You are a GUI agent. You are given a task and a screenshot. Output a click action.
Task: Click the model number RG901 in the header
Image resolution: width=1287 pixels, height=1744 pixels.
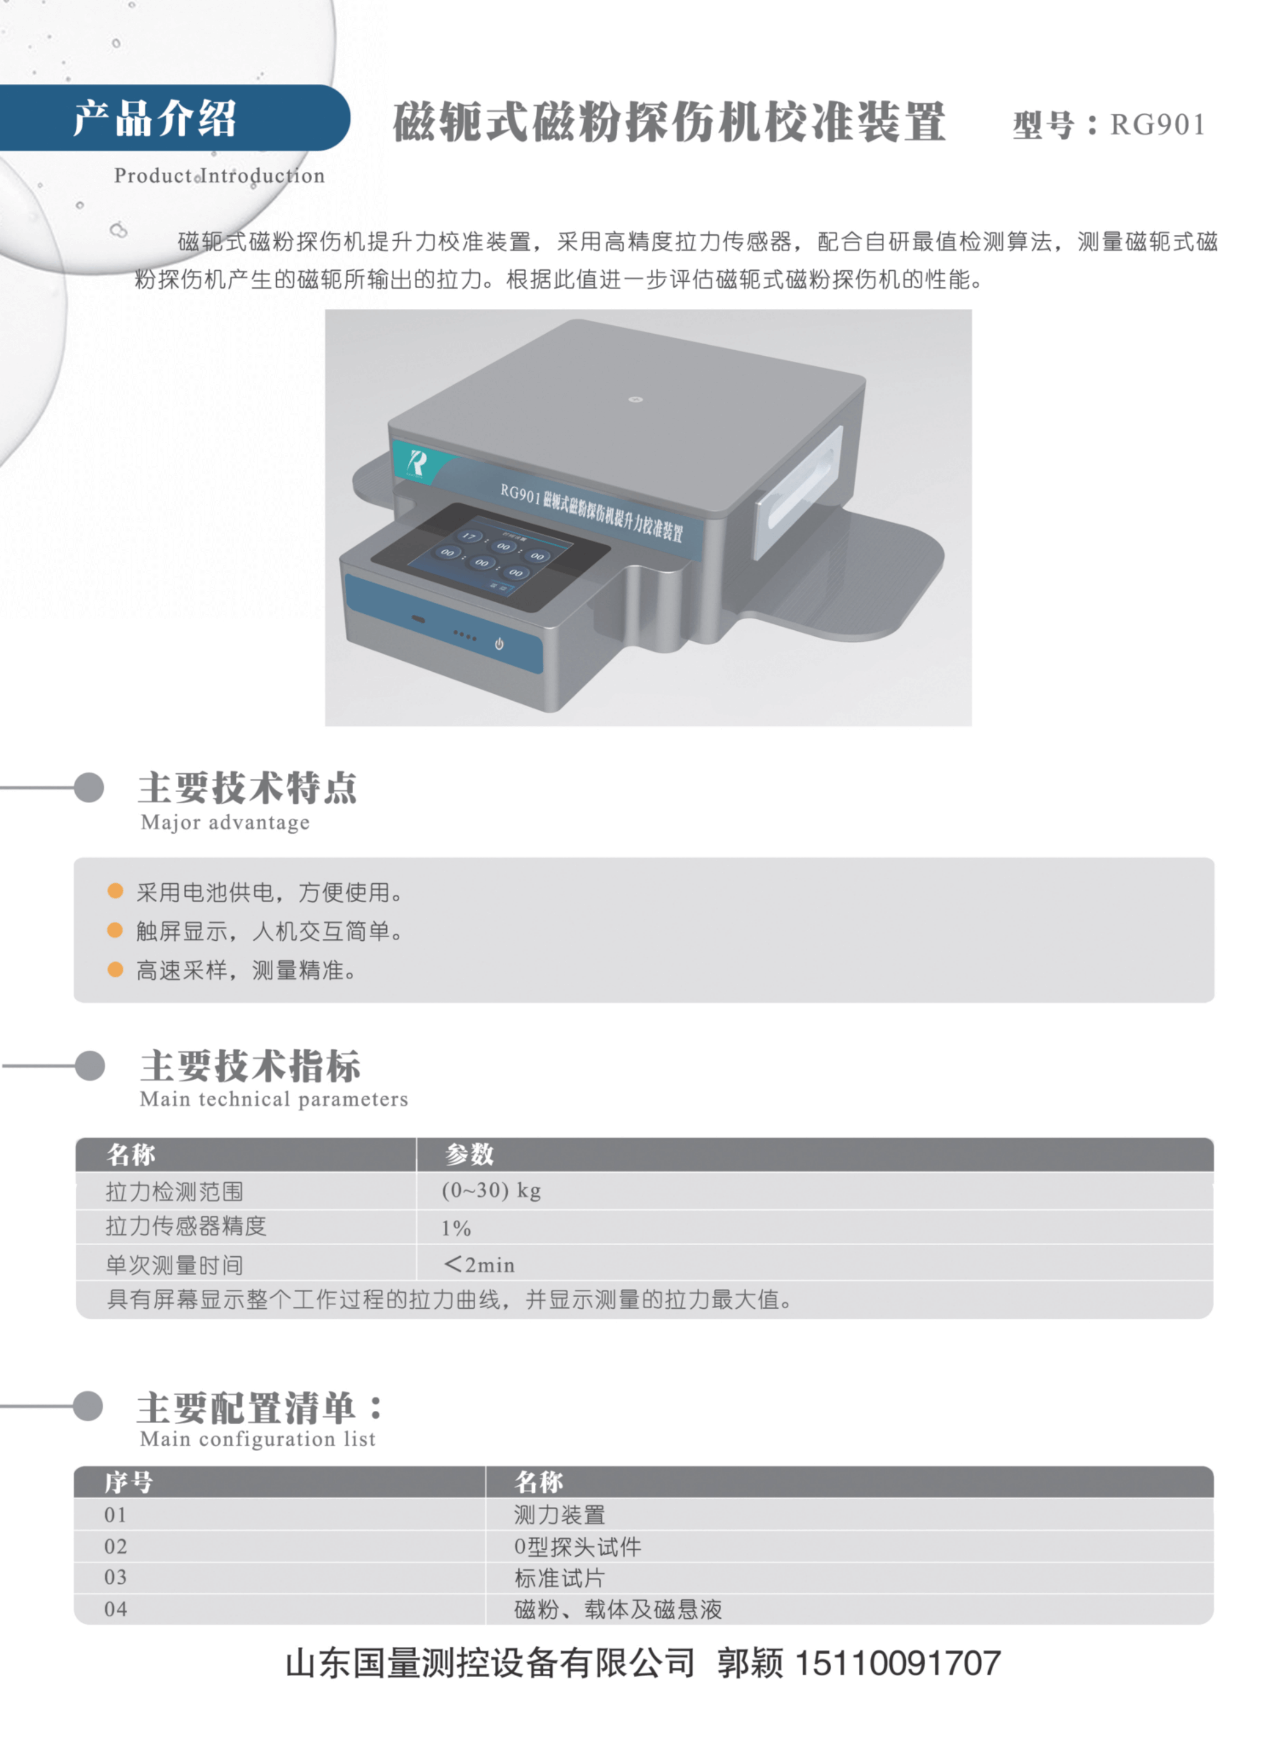pyautogui.click(x=1158, y=125)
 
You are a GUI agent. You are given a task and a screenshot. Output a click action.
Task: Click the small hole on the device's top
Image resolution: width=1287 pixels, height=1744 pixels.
pyautogui.click(x=635, y=399)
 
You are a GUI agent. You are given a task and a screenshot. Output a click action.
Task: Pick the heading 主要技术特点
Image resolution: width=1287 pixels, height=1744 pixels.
pyautogui.click(x=248, y=788)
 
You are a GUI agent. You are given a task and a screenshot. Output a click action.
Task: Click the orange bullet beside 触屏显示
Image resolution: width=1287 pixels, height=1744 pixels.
pyautogui.click(x=115, y=930)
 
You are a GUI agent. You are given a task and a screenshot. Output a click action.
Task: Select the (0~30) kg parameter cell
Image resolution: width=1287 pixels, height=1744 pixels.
pyautogui.click(x=492, y=1190)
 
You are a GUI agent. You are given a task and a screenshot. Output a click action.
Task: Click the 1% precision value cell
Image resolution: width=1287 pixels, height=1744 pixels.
pyautogui.click(x=456, y=1229)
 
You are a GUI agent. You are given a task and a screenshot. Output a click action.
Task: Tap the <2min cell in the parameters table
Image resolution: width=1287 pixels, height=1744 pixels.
pyautogui.click(x=479, y=1264)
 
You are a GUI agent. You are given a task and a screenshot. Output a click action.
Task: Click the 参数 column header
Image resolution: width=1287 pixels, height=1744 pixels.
pyautogui.click(x=470, y=1153)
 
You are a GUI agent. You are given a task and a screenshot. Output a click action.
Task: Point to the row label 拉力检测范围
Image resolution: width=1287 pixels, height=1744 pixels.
pyautogui.click(x=175, y=1191)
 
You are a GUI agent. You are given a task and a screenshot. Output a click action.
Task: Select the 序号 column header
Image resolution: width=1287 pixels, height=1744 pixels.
pyautogui.click(x=129, y=1482)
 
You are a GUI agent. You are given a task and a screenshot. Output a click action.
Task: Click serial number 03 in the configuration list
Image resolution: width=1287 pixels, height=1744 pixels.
pyautogui.click(x=115, y=1577)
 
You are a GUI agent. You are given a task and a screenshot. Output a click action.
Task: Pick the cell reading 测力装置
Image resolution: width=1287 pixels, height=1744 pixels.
pyautogui.click(x=559, y=1515)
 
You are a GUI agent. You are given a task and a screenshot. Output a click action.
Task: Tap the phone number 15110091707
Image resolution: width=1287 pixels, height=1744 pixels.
pyautogui.click(x=897, y=1663)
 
